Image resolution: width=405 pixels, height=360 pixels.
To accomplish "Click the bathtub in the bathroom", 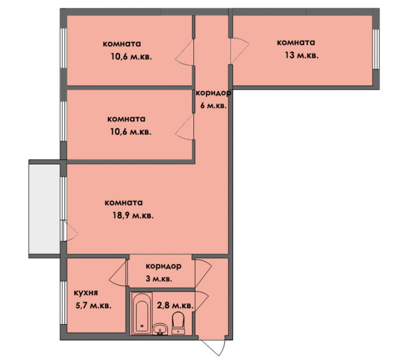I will pyautogui.click(x=140, y=315).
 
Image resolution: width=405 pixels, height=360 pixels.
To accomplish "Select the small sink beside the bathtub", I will pyautogui.click(x=159, y=330).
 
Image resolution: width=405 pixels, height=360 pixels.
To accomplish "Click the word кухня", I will pyautogui.click(x=86, y=293).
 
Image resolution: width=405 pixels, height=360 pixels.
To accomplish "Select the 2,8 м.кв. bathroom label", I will pyautogui.click(x=175, y=305).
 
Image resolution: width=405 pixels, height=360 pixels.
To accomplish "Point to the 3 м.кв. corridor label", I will pyautogui.click(x=159, y=279).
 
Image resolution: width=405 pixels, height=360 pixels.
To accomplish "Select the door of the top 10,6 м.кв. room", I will pyautogui.click(x=185, y=54).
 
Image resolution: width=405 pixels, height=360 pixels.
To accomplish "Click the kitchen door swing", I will pyautogui.click(x=119, y=271).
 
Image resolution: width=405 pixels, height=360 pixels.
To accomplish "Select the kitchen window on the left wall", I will pyautogui.click(x=63, y=303).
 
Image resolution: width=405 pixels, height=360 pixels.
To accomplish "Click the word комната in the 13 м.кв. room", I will pyautogui.click(x=296, y=43).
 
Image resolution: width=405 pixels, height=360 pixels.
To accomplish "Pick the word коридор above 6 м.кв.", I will pyautogui.click(x=213, y=93).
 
